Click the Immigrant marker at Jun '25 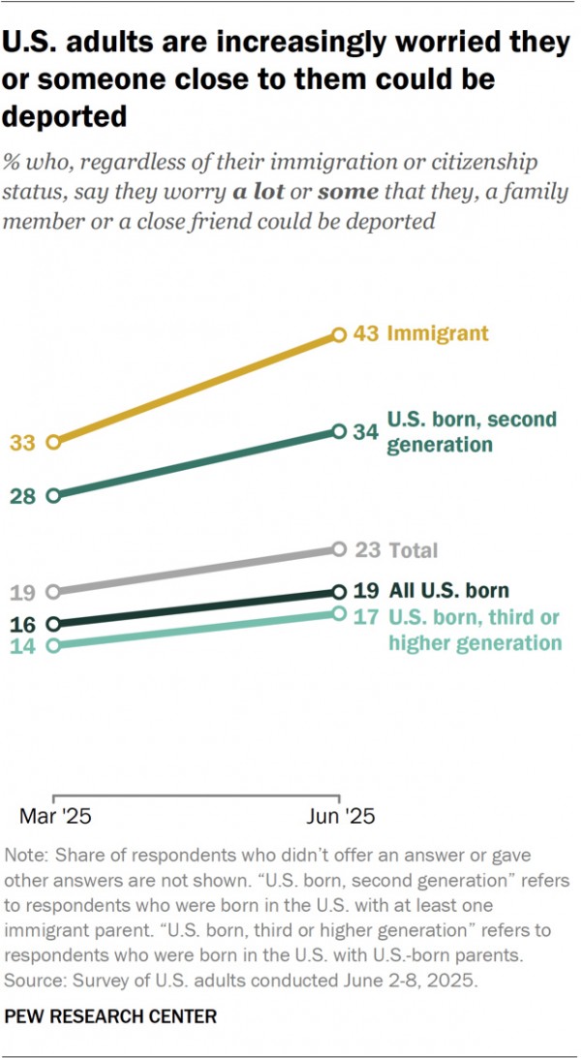(x=339, y=334)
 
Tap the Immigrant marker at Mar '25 (x=53, y=442)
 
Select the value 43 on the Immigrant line (x=365, y=334)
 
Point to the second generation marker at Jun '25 (x=339, y=431)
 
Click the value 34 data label (x=365, y=432)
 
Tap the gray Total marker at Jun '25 (x=339, y=549)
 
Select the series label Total (x=413, y=550)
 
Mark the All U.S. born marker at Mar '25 (x=53, y=624)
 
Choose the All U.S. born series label (x=448, y=590)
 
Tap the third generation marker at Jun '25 (x=339, y=613)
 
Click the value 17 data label (x=365, y=616)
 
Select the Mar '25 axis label (x=55, y=816)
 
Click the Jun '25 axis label (x=339, y=816)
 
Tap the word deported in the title (x=66, y=115)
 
